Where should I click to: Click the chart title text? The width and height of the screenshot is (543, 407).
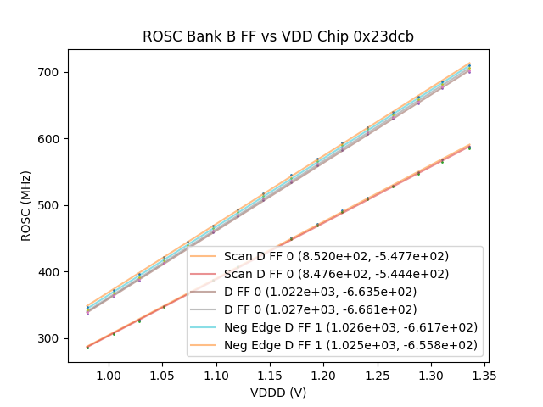point(277,36)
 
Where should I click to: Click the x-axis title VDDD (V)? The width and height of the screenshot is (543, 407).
point(277,393)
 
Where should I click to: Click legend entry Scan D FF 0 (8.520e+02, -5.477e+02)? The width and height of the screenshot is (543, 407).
point(336,256)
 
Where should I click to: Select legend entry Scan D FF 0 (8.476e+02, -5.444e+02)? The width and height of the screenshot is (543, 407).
point(336,274)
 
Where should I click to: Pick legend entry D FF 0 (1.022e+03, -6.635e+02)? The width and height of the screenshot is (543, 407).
point(336,292)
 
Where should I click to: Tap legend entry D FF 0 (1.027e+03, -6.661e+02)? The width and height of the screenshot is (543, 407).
point(336,309)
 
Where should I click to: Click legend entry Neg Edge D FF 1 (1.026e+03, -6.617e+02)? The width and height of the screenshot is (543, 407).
point(350,327)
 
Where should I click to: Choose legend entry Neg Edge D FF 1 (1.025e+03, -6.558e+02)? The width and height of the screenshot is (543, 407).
point(350,345)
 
